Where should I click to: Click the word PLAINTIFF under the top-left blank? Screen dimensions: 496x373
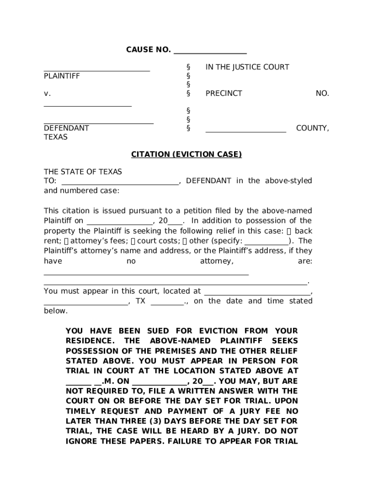coord(62,76)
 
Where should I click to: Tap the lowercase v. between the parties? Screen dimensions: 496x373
coord(47,93)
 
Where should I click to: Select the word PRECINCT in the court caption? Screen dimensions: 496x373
coord(224,93)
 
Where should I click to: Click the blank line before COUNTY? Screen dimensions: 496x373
coord(246,130)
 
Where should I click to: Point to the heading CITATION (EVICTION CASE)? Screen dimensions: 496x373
coord(186,155)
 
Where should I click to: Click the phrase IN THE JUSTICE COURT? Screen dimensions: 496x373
coord(247,67)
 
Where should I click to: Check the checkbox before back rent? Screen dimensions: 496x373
coord(289,231)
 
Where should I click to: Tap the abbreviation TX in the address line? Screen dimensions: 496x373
coord(140,301)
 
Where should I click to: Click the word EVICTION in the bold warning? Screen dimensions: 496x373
coord(224,331)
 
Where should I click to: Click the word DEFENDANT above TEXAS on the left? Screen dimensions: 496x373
coord(66,128)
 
